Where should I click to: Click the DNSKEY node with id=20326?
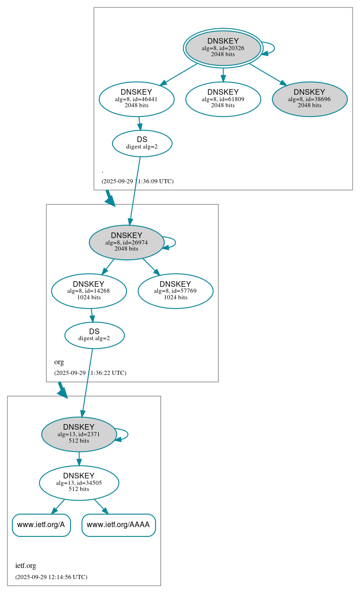[223, 48]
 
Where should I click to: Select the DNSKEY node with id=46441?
[136, 99]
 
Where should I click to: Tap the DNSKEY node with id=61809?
[223, 99]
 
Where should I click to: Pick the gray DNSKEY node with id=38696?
[309, 99]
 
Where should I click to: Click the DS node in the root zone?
[142, 143]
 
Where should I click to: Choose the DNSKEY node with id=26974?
[126, 242]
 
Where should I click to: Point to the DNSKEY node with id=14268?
[89, 291]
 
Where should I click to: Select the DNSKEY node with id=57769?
[175, 291]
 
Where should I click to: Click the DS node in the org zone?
[94, 335]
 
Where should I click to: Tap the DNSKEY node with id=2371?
[78, 434]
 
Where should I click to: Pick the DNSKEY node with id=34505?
[79, 483]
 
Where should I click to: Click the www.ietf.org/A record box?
[41, 525]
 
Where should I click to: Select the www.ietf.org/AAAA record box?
[118, 525]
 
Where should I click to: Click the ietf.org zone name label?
[26, 566]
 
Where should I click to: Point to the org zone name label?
[59, 362]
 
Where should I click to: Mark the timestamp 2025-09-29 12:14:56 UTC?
[51, 577]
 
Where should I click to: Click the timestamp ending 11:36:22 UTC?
[90, 373]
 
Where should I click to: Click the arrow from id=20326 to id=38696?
[268, 74]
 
